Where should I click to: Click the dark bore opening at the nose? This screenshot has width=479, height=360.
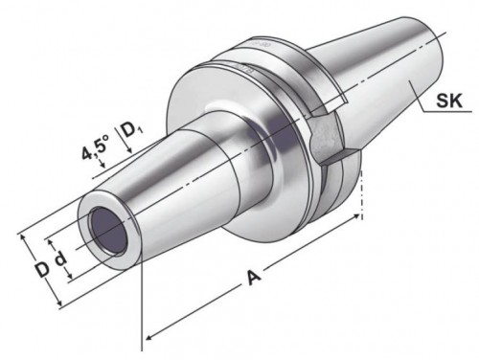(x=108, y=229)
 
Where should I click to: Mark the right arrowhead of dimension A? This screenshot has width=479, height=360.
(x=358, y=215)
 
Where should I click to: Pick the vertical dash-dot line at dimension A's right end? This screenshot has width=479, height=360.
(x=361, y=196)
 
